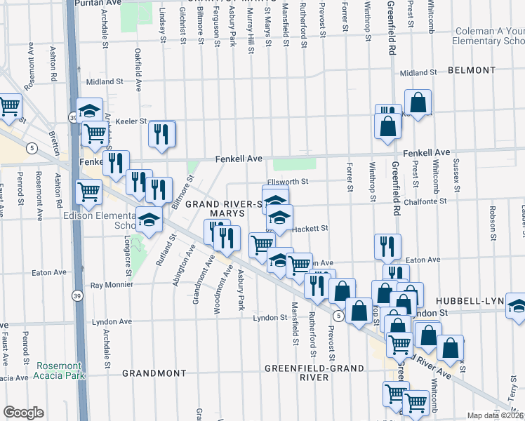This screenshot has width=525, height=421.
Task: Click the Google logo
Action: tap(23, 413)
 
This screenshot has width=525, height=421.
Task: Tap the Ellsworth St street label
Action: tap(288, 182)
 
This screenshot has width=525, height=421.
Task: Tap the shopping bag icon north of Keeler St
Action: tap(418, 102)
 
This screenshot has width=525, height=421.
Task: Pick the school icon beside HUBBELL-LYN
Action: tap(517, 305)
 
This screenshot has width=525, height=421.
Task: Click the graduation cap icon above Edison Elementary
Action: tap(148, 220)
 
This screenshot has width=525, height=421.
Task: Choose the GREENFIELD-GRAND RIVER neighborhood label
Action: tap(314, 373)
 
